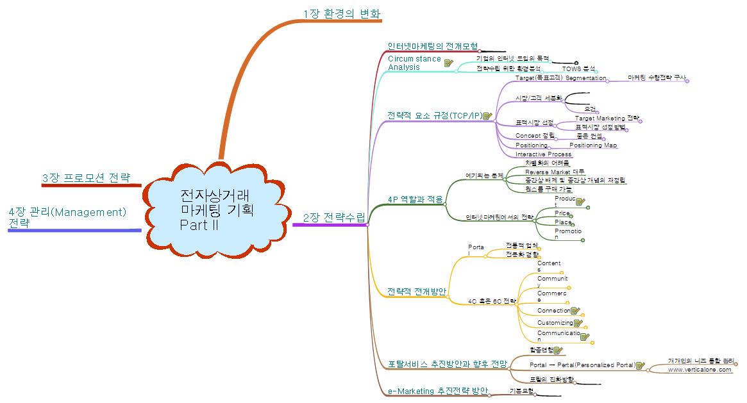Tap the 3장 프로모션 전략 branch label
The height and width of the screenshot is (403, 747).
86,177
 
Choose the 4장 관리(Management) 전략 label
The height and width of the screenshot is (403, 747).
67,217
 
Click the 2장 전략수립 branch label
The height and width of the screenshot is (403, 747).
333,217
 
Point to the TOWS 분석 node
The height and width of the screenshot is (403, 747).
579,68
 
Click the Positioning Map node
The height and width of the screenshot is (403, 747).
593,145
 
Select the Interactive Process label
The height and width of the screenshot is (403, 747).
543,154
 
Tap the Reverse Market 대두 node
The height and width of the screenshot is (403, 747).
555,172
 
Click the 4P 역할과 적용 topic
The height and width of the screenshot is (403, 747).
415,199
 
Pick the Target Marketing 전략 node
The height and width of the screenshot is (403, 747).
607,119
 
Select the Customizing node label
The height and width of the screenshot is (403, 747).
555,323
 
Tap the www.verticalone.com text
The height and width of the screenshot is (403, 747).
699,370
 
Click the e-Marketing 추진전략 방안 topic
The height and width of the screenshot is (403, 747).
438,390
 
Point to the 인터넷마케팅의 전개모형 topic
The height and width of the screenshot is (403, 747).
433,46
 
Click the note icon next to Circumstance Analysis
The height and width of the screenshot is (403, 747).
449,63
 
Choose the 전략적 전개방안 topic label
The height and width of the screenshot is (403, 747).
417,292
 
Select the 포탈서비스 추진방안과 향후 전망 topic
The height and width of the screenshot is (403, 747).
448,364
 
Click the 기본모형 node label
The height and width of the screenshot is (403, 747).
521,390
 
